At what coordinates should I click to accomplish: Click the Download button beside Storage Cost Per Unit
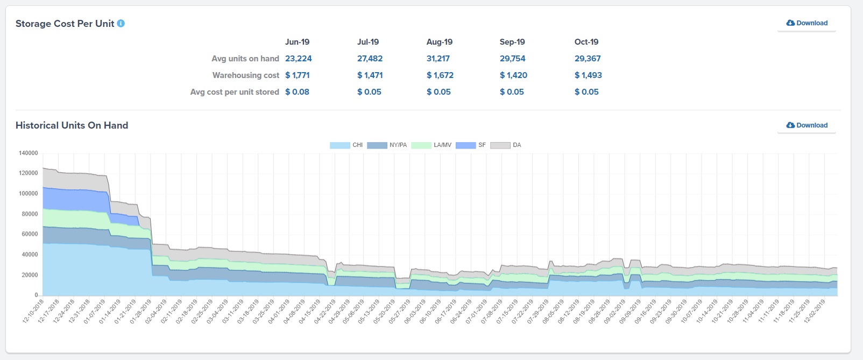(807, 23)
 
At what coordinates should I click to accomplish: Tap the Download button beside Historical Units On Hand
(807, 125)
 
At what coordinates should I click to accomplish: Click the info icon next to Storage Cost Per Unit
(121, 23)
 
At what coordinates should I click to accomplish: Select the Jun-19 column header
(297, 42)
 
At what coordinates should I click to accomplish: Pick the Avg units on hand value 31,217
(438, 59)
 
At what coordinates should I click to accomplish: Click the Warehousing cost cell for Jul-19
(370, 75)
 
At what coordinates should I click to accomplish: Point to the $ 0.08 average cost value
(297, 92)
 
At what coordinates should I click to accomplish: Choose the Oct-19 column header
(586, 42)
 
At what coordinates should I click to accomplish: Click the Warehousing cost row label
(245, 75)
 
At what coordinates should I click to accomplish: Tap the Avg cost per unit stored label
(235, 92)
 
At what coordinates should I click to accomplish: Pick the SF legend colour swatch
(465, 145)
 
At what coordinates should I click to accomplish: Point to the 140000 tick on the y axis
(29, 153)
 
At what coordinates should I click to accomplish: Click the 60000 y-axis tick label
(29, 234)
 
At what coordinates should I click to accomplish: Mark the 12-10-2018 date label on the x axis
(33, 312)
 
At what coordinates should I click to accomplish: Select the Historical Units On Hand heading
(72, 125)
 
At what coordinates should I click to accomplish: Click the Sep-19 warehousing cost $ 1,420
(513, 75)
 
